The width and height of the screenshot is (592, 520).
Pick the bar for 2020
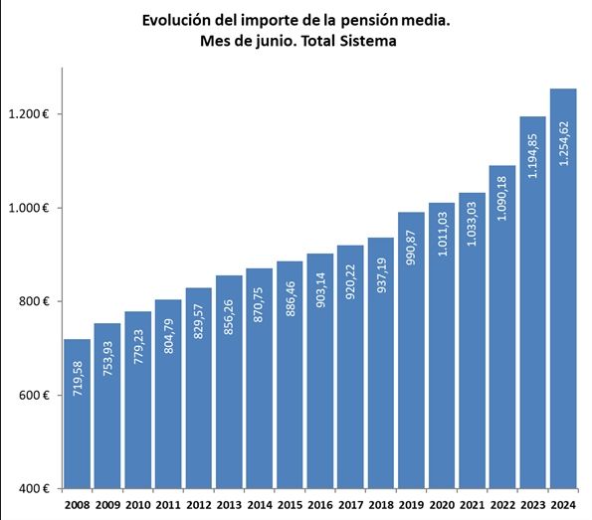442,348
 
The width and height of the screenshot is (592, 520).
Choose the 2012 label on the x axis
199,504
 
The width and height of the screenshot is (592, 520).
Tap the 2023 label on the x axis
533,504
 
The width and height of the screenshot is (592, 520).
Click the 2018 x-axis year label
381,504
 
